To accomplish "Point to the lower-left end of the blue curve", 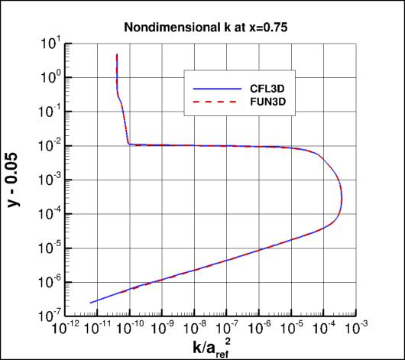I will (x=91, y=303).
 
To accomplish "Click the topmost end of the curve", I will (x=116, y=54).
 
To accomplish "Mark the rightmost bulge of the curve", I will (x=342, y=199).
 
